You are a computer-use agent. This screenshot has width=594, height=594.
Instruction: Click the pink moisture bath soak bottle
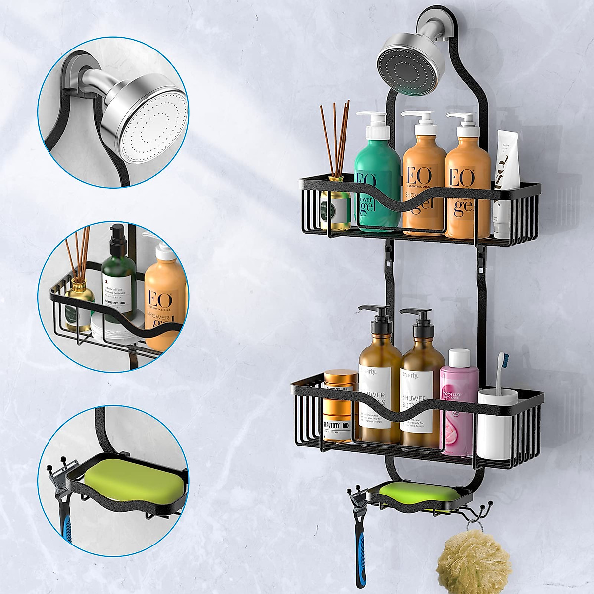(x=455, y=406)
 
